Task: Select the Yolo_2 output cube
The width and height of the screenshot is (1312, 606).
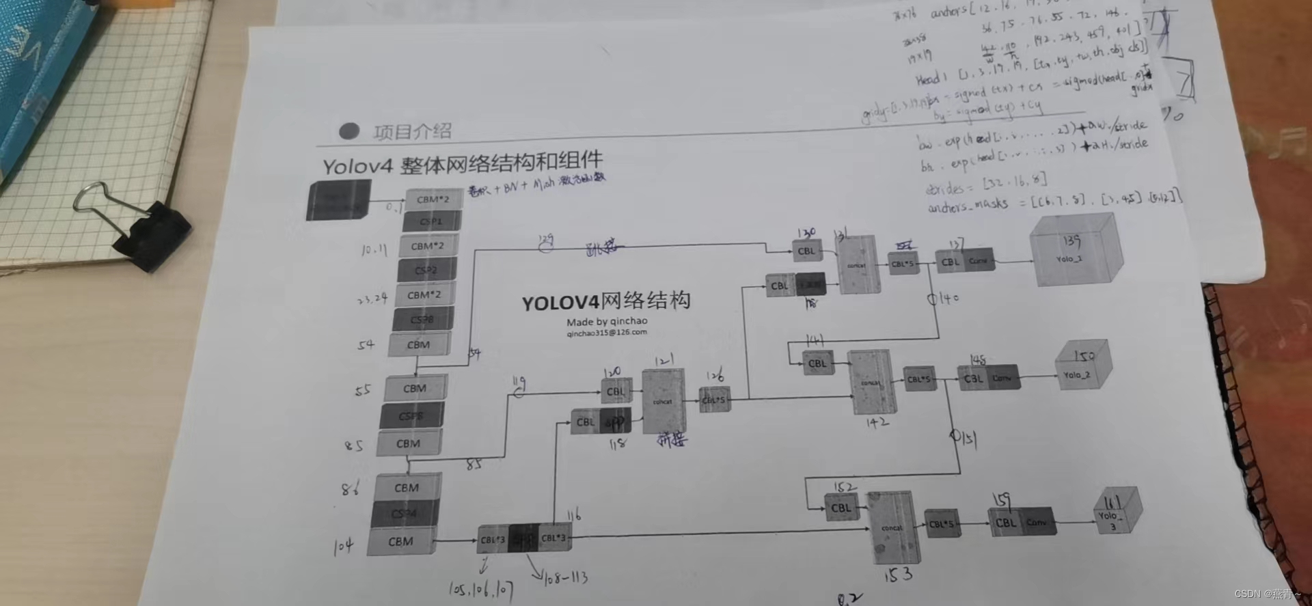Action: [x=1081, y=368]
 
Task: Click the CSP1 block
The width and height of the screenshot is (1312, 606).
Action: [x=431, y=221]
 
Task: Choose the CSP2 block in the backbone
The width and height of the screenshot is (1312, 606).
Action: [x=426, y=270]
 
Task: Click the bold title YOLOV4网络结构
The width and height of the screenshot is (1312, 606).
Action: [x=605, y=301]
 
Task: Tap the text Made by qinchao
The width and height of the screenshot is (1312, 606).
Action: [x=606, y=321]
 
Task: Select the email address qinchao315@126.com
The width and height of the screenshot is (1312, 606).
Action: [x=606, y=333]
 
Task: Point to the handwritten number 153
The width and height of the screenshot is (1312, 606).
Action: [x=898, y=575]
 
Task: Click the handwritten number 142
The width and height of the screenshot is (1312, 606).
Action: [x=877, y=423]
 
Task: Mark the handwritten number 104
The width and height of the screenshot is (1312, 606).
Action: [x=343, y=546]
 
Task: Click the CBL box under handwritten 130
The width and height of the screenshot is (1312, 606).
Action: [x=806, y=251]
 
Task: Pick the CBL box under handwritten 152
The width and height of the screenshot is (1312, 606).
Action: [x=841, y=508]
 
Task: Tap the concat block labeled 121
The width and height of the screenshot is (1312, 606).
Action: [x=663, y=401]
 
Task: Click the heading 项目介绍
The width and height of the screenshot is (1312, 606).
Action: [x=412, y=131]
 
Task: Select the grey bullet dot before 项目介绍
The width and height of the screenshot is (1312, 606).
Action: [x=349, y=130]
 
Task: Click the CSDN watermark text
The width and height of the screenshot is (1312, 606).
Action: [x=1267, y=594]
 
